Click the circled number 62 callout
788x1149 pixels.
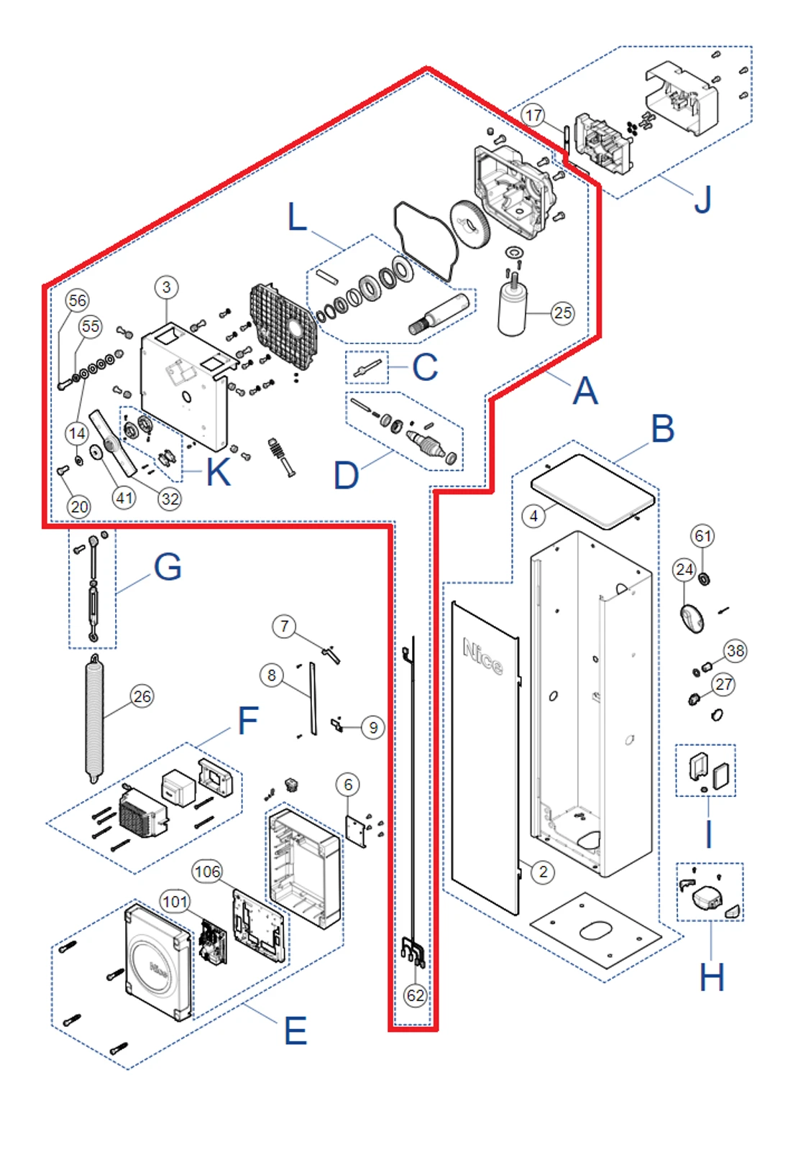(415, 995)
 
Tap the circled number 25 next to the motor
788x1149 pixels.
(563, 313)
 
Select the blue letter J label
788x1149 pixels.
(702, 200)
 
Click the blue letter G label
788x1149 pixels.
(168, 567)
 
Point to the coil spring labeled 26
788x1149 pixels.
(95, 719)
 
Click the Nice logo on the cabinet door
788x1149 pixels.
(482, 655)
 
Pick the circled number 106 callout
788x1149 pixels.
(207, 872)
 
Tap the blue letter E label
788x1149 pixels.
(295, 1031)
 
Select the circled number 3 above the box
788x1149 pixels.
(167, 287)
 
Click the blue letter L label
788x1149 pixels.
(297, 217)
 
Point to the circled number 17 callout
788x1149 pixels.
(533, 115)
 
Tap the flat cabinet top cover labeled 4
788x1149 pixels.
(593, 491)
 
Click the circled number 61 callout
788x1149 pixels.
(702, 535)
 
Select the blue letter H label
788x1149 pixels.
(712, 977)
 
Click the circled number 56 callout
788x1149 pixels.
(77, 300)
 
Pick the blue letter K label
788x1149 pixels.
(218, 473)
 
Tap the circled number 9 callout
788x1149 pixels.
(373, 727)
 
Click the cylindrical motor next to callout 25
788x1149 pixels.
(512, 309)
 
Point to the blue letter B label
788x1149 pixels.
(662, 429)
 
